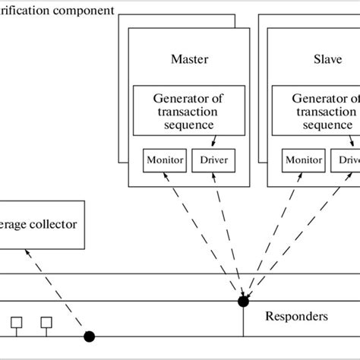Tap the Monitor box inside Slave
[x=302, y=160]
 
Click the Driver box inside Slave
[x=346, y=160]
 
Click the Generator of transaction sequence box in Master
[x=190, y=111]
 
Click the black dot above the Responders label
[x=243, y=302]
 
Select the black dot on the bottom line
[x=89, y=336]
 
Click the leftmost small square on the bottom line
[x=15, y=323]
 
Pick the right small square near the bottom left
[x=46, y=323]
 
